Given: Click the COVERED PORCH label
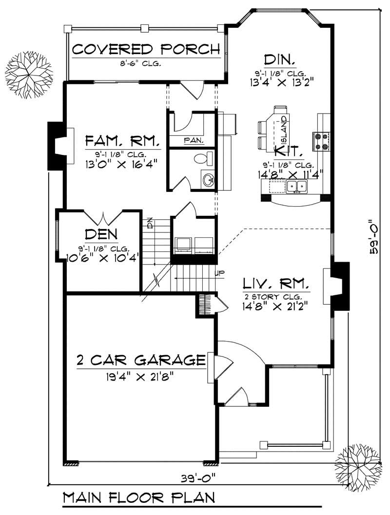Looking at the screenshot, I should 145,50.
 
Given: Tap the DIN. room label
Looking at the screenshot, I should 279,60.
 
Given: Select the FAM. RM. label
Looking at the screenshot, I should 122,142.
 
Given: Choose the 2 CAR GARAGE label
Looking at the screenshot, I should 140,361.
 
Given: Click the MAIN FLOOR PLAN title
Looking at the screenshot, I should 139,498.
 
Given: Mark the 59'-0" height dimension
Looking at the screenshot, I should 375,237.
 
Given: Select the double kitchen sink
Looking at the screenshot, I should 296,186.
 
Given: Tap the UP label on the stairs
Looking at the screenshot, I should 220,273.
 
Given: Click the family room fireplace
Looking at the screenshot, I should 58,146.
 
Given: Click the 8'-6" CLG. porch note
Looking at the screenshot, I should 145,64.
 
